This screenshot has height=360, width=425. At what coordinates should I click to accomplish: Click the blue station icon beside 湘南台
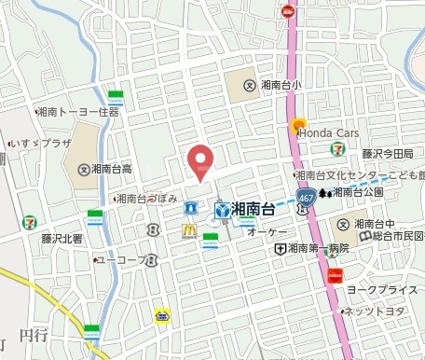coord(223,211)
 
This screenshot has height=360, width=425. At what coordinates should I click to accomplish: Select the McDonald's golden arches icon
coord(189,228)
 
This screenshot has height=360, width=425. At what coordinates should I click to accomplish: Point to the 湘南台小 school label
coord(281,86)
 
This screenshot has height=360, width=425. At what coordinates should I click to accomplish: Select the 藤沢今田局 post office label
coord(392,154)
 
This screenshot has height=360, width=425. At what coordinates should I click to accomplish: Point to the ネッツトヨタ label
coord(379,311)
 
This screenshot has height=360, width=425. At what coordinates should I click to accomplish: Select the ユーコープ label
coord(121,258)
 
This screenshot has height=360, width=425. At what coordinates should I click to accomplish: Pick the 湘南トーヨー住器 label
coord(82,112)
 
